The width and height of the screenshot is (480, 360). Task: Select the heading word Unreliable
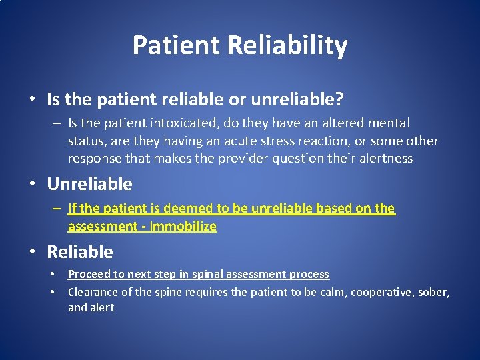click(x=89, y=184)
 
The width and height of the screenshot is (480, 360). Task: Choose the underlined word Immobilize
click(x=183, y=226)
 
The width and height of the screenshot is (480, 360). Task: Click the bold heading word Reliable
click(x=80, y=252)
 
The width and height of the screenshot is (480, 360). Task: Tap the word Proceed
click(x=89, y=274)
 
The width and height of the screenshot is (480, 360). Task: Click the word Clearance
click(x=93, y=291)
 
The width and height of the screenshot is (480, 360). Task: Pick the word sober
click(x=435, y=291)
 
